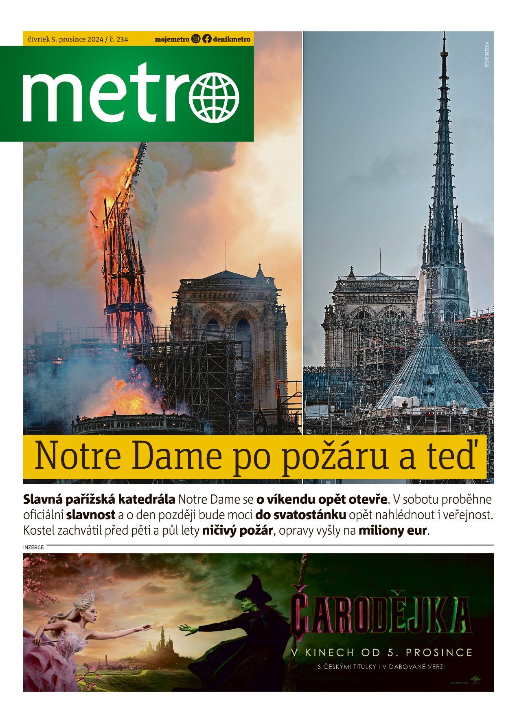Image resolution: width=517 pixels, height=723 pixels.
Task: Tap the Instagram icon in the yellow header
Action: click(x=196, y=39)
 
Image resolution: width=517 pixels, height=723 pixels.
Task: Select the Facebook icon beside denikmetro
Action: click(x=207, y=39)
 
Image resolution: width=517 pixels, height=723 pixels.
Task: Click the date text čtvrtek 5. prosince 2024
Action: click(x=65, y=40)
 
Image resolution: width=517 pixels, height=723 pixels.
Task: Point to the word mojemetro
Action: click(x=172, y=40)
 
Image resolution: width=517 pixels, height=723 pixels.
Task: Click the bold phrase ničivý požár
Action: click(x=237, y=531)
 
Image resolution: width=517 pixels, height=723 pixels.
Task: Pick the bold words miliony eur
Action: click(x=393, y=531)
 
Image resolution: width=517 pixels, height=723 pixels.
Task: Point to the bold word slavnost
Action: click(x=91, y=515)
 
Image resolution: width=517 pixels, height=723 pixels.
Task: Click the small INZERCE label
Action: click(x=33, y=547)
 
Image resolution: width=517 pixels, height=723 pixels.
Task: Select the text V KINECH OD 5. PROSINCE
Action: click(x=381, y=652)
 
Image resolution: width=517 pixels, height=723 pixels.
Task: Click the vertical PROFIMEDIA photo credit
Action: click(x=487, y=54)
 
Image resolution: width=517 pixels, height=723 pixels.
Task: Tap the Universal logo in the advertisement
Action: click(x=475, y=679)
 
